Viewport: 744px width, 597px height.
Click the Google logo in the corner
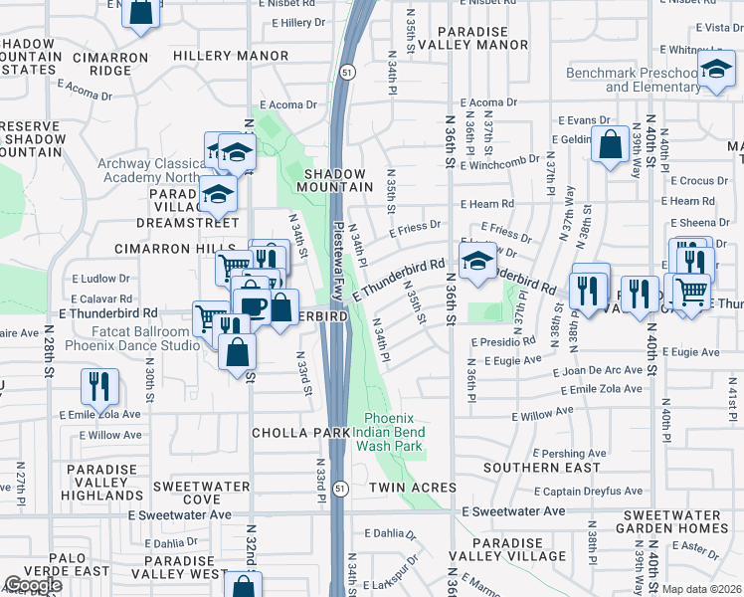click(x=33, y=585)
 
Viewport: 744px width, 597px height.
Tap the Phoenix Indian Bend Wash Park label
click(x=394, y=432)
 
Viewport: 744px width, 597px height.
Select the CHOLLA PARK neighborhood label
click(x=300, y=433)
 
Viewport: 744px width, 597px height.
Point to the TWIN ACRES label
click(x=412, y=488)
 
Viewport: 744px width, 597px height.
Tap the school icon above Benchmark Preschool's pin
click(x=714, y=70)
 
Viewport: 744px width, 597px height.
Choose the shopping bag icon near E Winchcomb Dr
click(x=608, y=144)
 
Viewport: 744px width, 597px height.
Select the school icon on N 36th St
click(x=478, y=261)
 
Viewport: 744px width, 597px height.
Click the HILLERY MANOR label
click(x=231, y=57)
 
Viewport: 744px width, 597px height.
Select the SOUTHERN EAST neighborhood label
click(x=541, y=467)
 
